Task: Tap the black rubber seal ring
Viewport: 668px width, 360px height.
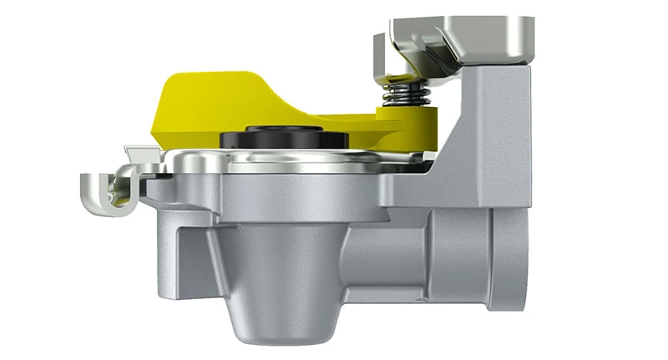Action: (x=271, y=139)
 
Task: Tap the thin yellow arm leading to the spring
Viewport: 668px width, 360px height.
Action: (x=351, y=123)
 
